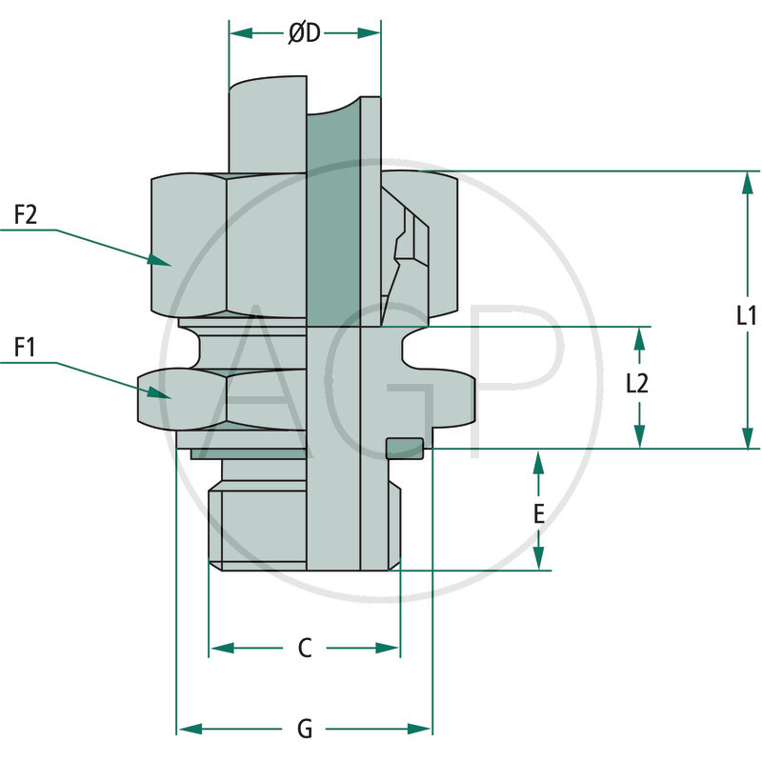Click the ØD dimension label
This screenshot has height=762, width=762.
(x=305, y=33)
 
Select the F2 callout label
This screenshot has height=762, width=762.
(x=26, y=215)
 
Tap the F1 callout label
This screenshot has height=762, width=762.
(x=26, y=348)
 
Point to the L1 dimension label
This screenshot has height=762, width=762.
(x=747, y=316)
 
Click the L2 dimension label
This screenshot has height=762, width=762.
(x=637, y=383)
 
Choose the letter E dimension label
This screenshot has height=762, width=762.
(x=538, y=514)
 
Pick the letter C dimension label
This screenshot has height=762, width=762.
(x=305, y=648)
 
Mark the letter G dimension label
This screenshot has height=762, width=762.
(x=305, y=730)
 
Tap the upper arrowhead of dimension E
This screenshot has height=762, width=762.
(x=538, y=463)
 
